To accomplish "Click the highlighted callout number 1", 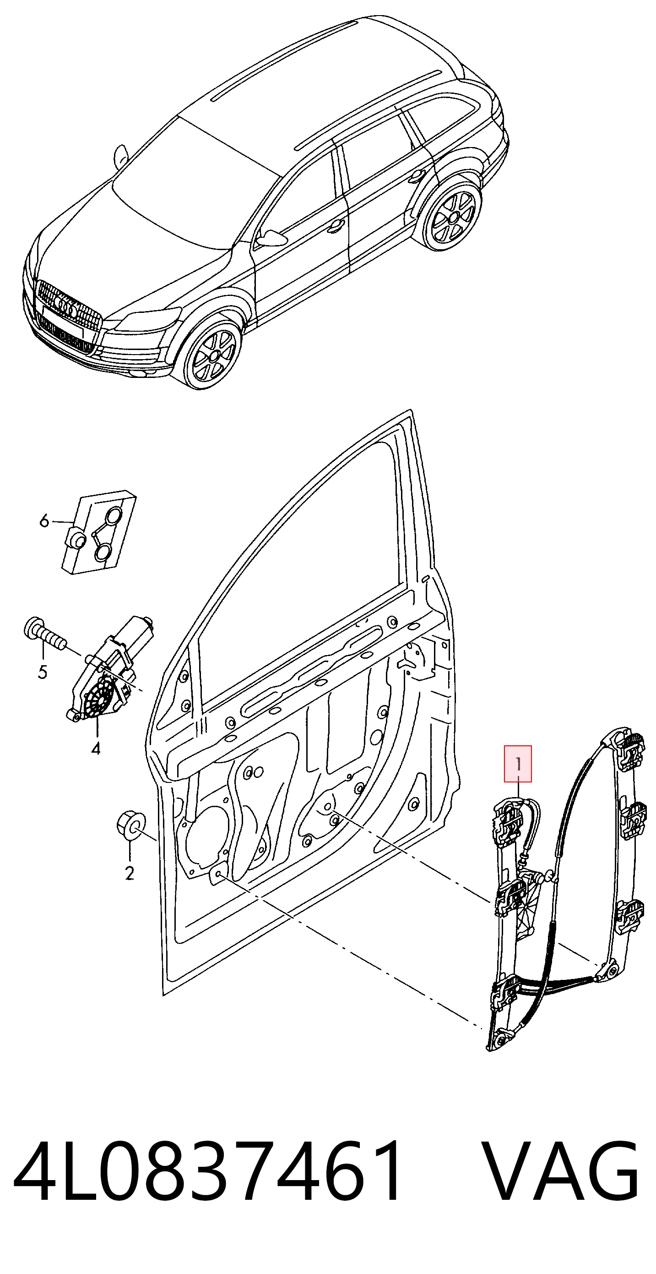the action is point(518,764).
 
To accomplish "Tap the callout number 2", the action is point(130,874).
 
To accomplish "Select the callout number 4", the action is point(95,749).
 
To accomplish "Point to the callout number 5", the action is point(43,672).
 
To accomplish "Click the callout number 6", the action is point(44,521).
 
